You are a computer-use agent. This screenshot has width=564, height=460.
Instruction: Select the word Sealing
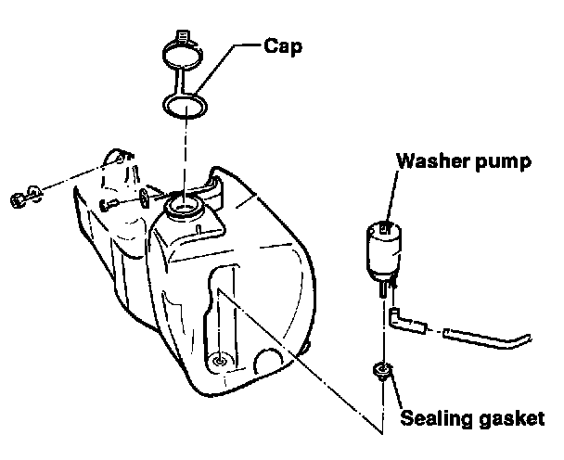(x=438, y=417)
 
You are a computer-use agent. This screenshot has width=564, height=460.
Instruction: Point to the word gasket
(x=509, y=417)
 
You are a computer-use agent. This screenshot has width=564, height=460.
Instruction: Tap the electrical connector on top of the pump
(x=382, y=225)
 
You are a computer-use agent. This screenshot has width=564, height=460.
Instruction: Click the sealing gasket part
(x=380, y=373)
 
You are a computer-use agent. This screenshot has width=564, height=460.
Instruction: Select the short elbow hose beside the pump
(x=406, y=320)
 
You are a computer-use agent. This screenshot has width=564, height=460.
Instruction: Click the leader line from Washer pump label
(x=393, y=197)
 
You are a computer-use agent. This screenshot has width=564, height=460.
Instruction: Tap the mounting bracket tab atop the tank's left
(x=119, y=163)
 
